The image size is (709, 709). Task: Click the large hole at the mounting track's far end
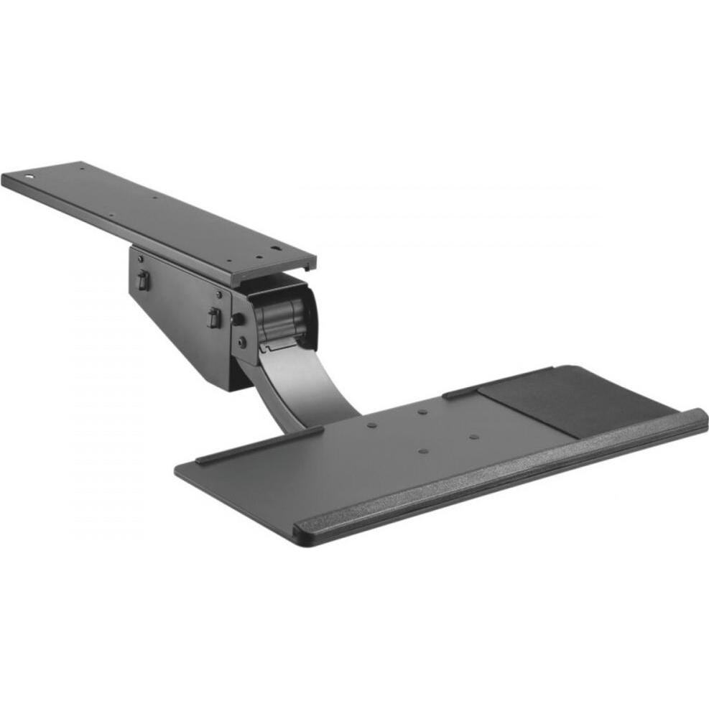click(29, 175)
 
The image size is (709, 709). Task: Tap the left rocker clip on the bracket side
click(143, 280)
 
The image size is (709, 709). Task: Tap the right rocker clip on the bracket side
click(213, 318)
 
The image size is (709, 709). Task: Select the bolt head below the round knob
click(242, 343)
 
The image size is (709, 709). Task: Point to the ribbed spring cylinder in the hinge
click(282, 315)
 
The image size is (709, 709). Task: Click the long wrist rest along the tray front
click(503, 474)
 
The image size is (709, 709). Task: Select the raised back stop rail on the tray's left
click(259, 445)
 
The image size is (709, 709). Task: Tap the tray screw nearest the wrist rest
click(423, 451)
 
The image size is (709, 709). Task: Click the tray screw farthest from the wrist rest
click(422, 412)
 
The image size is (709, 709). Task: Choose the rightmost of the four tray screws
click(474, 437)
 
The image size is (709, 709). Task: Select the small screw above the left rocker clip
click(141, 258)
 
